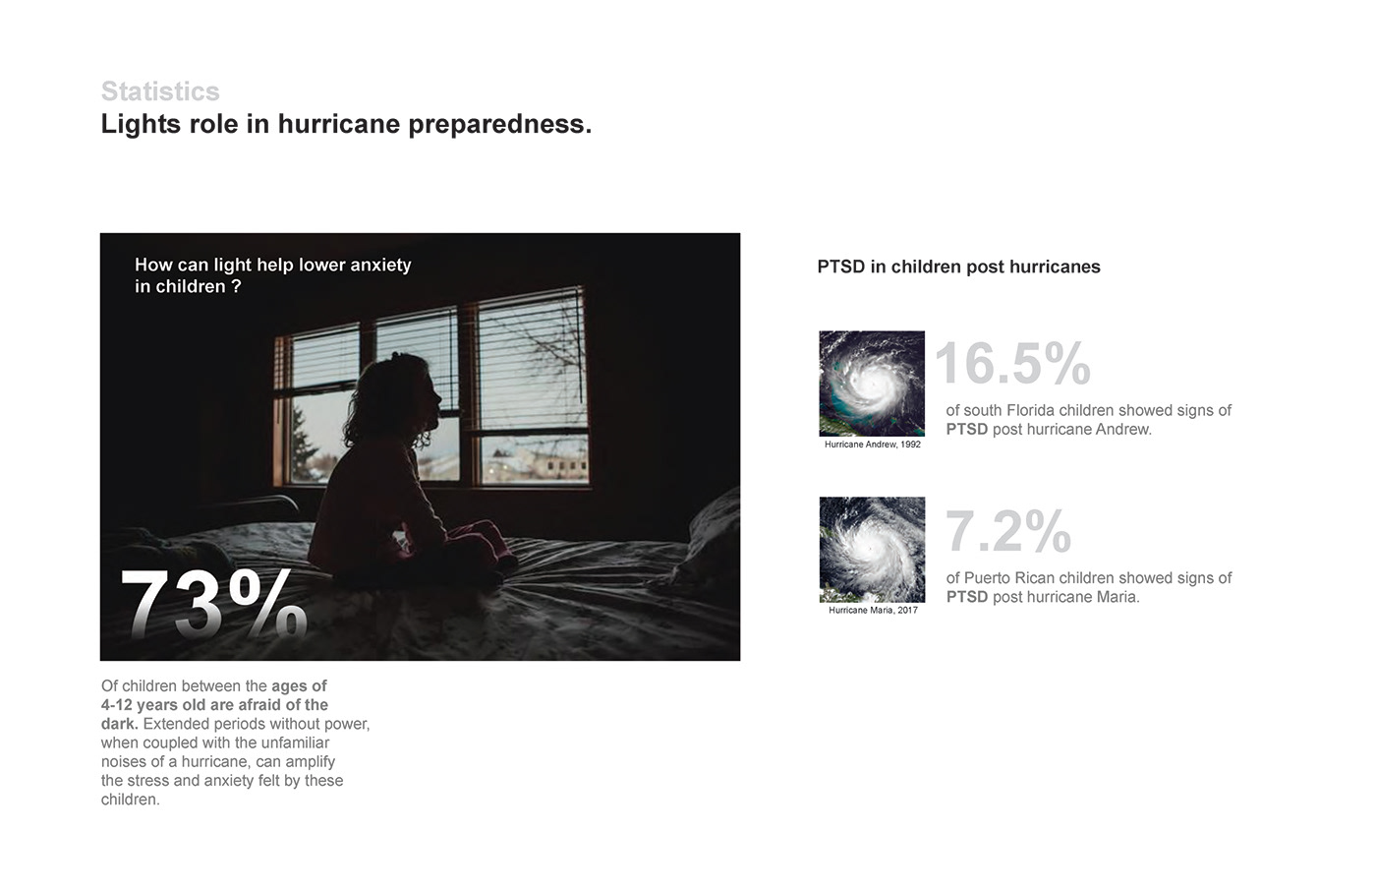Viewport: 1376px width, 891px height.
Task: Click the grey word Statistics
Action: click(x=160, y=91)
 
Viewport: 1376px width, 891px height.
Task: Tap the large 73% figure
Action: click(x=214, y=604)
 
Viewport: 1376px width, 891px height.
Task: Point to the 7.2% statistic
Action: click(x=1008, y=531)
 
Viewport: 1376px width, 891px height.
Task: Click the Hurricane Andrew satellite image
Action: click(x=872, y=384)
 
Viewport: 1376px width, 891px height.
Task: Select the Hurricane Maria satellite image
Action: click(x=872, y=550)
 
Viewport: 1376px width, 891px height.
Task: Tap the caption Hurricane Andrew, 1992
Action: click(x=873, y=445)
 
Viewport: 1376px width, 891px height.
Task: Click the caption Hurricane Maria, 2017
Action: click(x=873, y=610)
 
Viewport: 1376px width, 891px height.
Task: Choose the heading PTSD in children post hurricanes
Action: click(x=958, y=267)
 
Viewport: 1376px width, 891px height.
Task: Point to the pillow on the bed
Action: click(x=713, y=541)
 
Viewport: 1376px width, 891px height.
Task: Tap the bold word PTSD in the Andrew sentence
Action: click(x=967, y=429)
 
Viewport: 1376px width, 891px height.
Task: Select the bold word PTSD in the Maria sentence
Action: click(x=967, y=597)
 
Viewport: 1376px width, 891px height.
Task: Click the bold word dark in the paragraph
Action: click(x=119, y=724)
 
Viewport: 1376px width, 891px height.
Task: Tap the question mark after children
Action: click(x=237, y=286)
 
